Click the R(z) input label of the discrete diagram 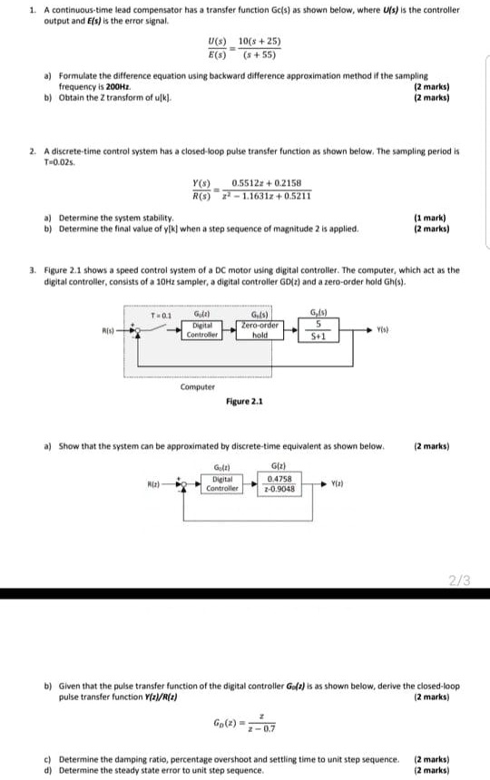(154, 485)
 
